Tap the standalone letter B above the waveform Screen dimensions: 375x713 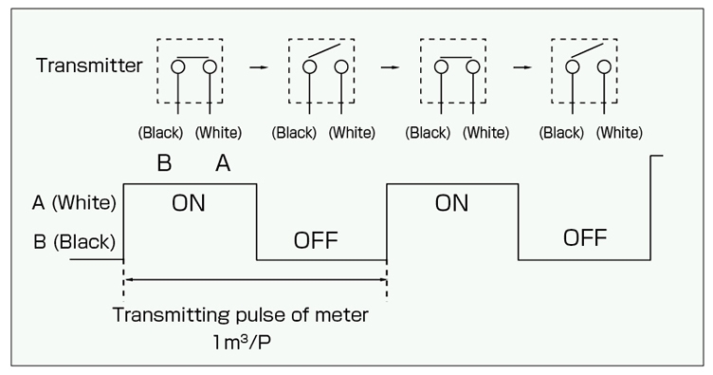coord(163,163)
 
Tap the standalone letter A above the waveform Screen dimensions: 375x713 coord(223,163)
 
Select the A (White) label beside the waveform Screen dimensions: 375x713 coord(74,202)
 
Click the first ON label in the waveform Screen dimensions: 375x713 coord(189,205)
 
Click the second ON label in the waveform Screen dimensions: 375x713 coord(451,205)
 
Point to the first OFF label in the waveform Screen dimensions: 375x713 coord(316,238)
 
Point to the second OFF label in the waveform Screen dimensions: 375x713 coord(584,237)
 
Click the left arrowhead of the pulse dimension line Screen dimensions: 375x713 coord(129,279)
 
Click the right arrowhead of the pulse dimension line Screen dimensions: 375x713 coord(382,279)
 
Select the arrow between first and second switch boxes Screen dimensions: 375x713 coord(255,68)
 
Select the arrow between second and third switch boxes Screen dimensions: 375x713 coord(387,68)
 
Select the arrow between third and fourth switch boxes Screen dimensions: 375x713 coord(520,68)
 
